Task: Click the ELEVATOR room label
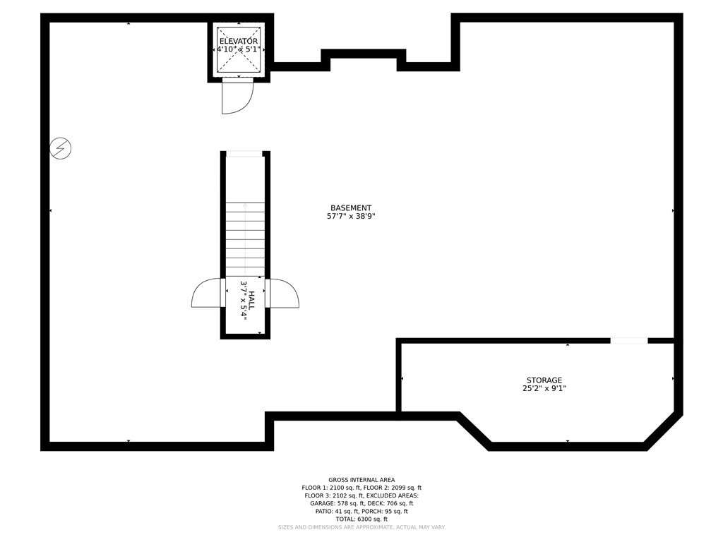238,42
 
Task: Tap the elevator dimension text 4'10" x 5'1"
238,50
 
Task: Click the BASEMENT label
351,208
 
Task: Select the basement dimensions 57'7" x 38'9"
351,217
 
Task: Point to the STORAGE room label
544,380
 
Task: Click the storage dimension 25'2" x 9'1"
544,388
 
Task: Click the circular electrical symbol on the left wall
61,149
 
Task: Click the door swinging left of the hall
206,294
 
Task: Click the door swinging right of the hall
284,294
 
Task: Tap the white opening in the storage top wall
628,341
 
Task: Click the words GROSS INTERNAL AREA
361,480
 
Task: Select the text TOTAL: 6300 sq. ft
361,519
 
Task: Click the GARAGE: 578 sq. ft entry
336,504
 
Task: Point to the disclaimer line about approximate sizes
361,528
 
